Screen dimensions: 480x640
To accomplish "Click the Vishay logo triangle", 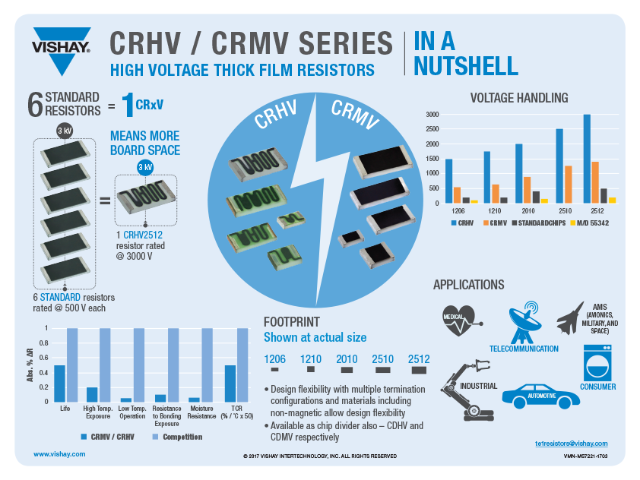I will pos(62,39).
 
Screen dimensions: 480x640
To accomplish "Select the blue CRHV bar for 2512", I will pos(587,159).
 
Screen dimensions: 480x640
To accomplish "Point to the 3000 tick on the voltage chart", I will pos(431,115).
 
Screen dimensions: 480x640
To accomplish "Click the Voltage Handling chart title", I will pos(519,98).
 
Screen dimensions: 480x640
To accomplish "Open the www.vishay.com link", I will pos(59,453).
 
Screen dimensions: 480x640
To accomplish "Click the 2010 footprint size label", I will pos(347,359).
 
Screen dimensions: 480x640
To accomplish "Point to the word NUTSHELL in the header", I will pos(466,67).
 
